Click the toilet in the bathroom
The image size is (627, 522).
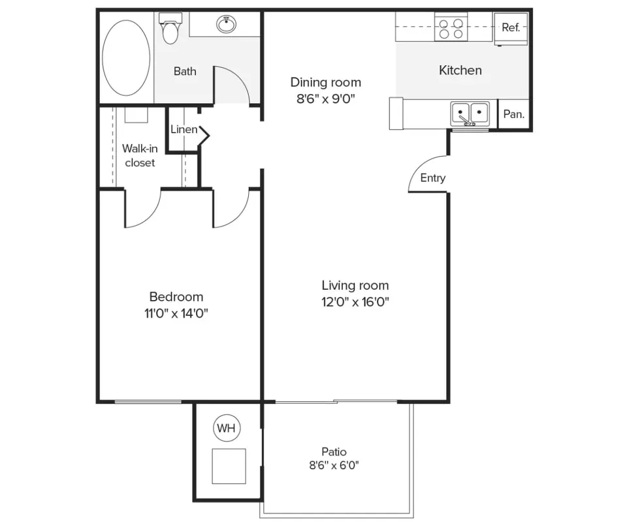pos(170,29)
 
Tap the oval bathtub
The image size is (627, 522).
pos(125,57)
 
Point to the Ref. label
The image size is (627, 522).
pos(510,28)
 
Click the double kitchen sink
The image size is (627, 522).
pos(470,113)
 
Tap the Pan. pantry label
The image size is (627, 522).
pos(513,114)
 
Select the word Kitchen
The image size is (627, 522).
pos(460,70)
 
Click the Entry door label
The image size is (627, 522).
pos(432,178)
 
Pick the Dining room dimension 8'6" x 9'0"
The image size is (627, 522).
pos(325,99)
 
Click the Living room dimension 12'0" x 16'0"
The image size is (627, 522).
pos(355,301)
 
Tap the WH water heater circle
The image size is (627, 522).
pos(227,429)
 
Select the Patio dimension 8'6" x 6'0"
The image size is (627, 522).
pos(334,465)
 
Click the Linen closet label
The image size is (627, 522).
pos(184,130)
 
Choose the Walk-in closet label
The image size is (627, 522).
pos(140,156)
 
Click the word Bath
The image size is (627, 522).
pos(185,71)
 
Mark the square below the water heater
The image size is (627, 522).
pos(229,466)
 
